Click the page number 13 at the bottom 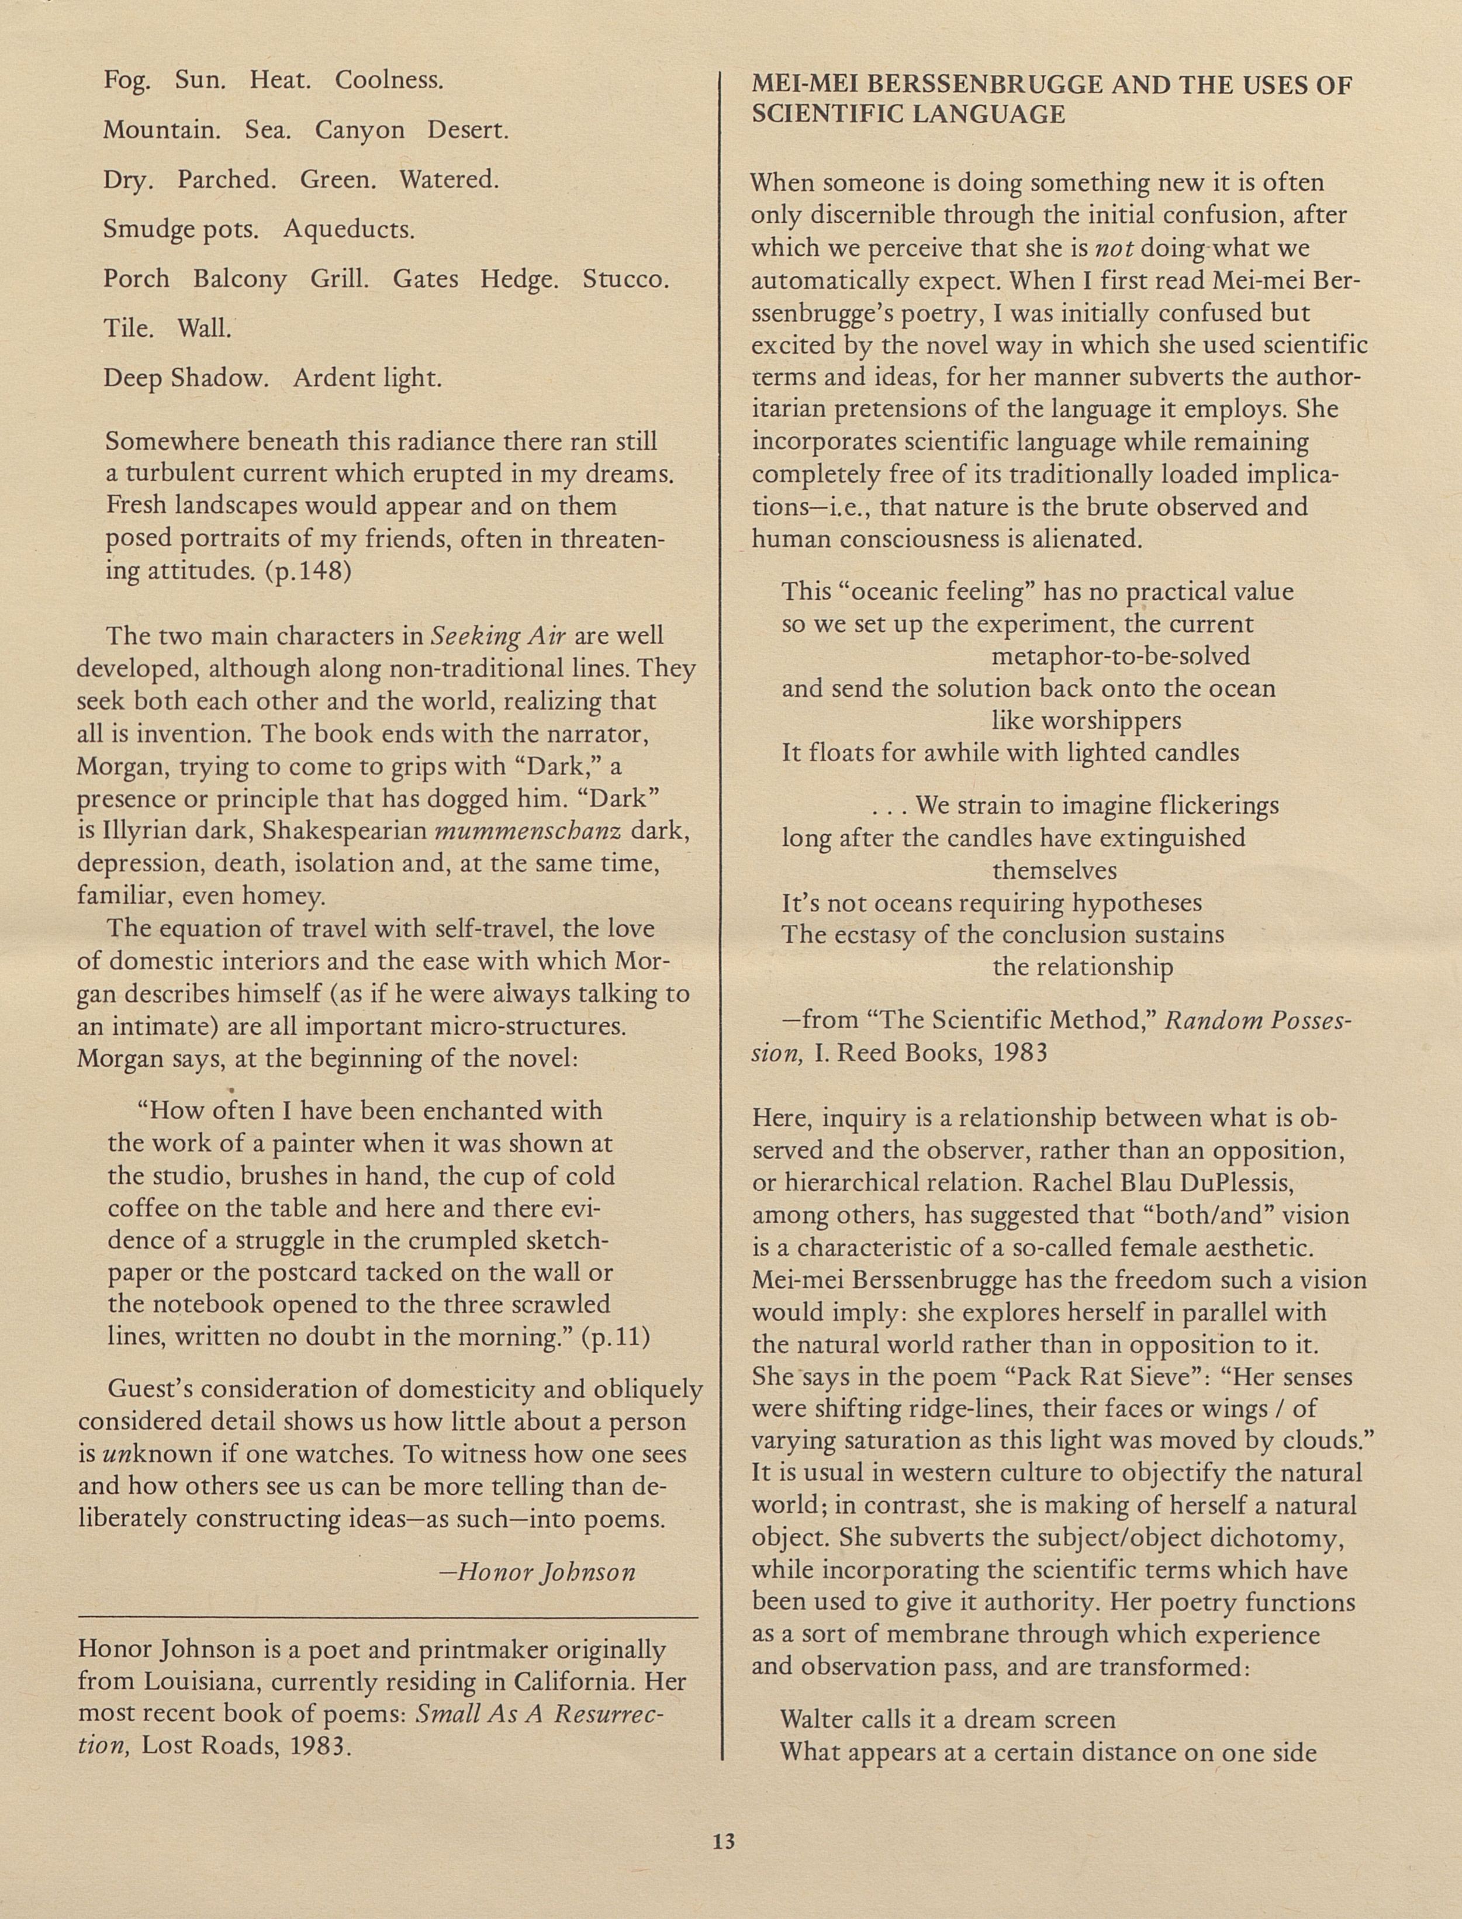click(723, 1841)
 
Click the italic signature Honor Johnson click(547, 1572)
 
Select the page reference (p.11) click(616, 1337)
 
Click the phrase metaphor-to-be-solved click(1121, 656)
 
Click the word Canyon click(360, 130)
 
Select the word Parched click(226, 180)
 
